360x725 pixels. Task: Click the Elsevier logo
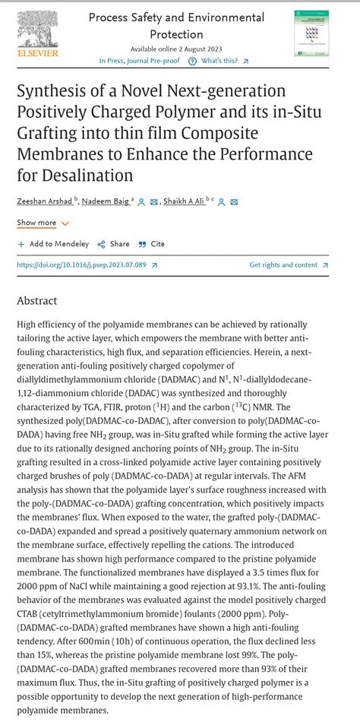(x=37, y=34)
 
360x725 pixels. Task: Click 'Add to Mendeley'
(x=53, y=244)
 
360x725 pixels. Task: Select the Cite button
(x=152, y=244)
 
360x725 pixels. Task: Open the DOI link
(x=86, y=265)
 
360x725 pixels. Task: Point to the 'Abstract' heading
(x=37, y=301)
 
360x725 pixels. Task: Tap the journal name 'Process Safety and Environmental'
(x=176, y=17)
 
